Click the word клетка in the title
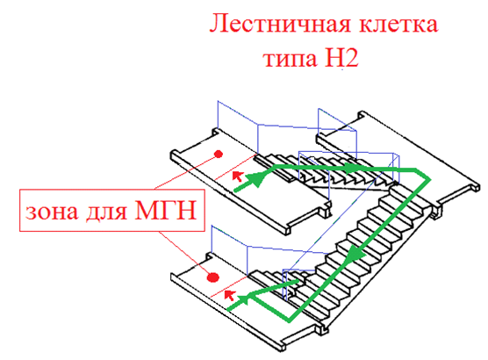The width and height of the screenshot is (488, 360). [398, 24]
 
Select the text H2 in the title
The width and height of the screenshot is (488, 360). [341, 57]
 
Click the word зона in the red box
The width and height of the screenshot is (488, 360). [52, 212]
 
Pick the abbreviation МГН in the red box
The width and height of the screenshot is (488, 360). [166, 210]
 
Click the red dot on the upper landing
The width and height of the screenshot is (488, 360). [219, 154]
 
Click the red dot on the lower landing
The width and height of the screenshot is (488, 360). [213, 277]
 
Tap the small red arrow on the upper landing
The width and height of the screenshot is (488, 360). [238, 176]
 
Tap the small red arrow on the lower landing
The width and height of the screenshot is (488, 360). [229, 295]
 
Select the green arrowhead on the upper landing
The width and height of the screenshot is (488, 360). [259, 179]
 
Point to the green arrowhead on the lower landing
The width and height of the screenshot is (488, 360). [244, 299]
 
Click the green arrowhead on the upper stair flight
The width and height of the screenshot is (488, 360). [353, 169]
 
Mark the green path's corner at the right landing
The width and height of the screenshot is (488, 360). [430, 179]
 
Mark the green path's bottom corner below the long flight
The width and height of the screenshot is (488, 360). [290, 320]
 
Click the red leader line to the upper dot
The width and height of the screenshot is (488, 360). [186, 171]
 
